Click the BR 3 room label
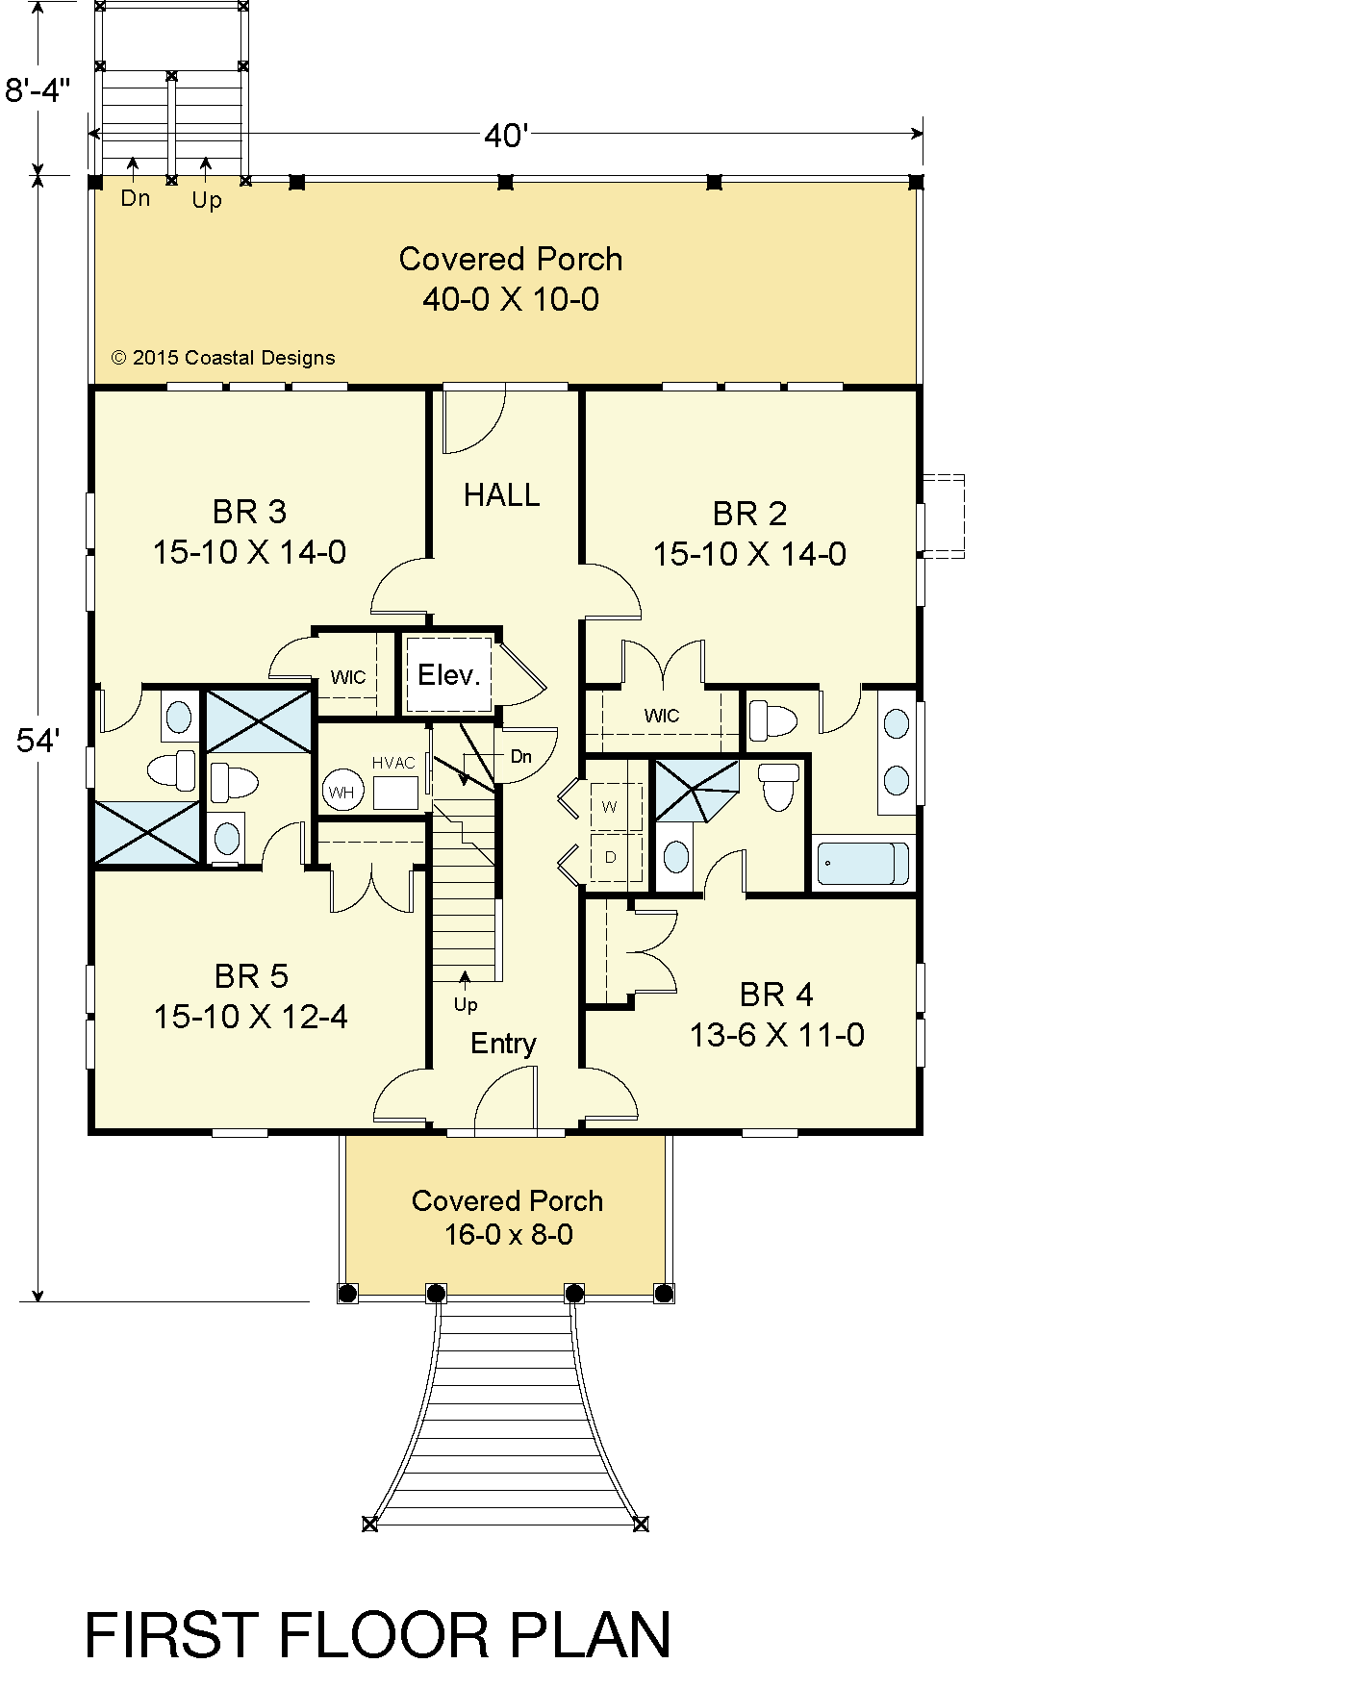click(x=250, y=512)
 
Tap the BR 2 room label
click(x=750, y=514)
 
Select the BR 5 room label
click(x=251, y=976)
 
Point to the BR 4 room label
click(x=776, y=994)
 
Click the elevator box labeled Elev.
click(x=449, y=674)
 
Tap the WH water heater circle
click(x=341, y=792)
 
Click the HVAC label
click(x=393, y=763)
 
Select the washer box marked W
click(x=610, y=806)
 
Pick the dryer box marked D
click(x=610, y=856)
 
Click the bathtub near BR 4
click(x=863, y=863)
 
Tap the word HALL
click(x=501, y=495)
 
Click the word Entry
click(x=503, y=1044)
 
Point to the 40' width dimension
click(x=507, y=136)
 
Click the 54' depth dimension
click(x=38, y=741)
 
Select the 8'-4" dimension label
click(x=38, y=90)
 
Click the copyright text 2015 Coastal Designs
click(x=223, y=358)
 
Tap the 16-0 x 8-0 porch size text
click(x=509, y=1234)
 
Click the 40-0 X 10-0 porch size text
click(x=511, y=299)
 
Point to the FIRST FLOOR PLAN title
click(x=378, y=1635)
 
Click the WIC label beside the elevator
click(x=348, y=677)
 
